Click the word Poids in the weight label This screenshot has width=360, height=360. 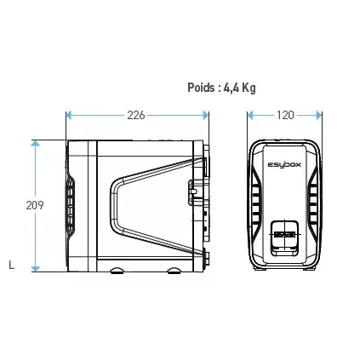click(201, 87)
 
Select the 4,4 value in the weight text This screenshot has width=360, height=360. click(231, 87)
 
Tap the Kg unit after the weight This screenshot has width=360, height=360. click(248, 87)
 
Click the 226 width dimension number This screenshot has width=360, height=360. click(135, 115)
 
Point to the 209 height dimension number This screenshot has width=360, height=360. click(34, 205)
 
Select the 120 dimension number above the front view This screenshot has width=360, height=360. click(285, 115)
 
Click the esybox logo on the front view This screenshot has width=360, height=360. click(284, 165)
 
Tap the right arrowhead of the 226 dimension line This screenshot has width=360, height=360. click(205, 115)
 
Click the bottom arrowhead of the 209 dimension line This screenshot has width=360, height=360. click(35, 268)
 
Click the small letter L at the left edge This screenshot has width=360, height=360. click(10, 266)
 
